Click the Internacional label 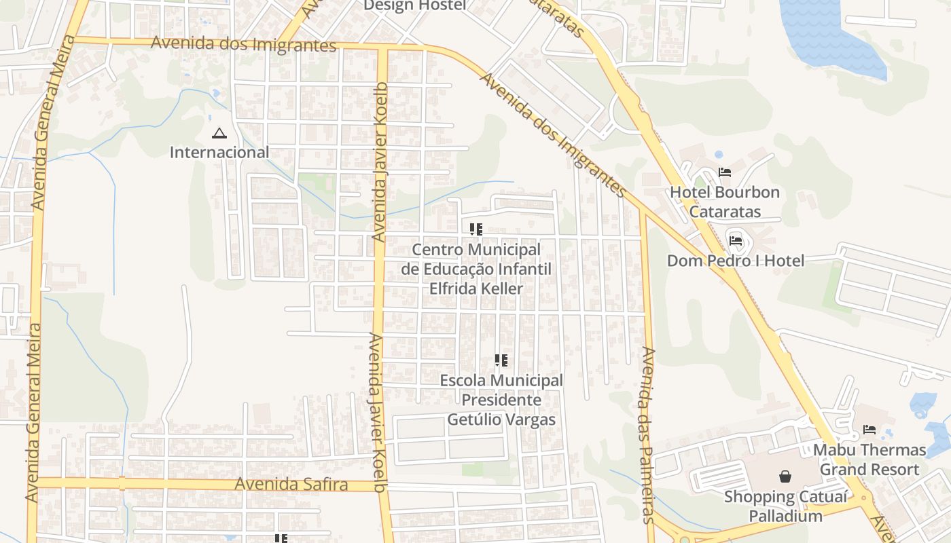click(x=219, y=152)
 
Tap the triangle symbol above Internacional click(x=219, y=133)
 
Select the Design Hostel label click(x=414, y=5)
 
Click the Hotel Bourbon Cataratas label click(x=725, y=202)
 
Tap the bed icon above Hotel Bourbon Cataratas click(x=725, y=172)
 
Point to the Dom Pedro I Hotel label click(x=735, y=261)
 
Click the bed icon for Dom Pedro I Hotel click(x=735, y=240)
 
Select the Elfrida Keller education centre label click(x=475, y=269)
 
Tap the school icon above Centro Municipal click(x=475, y=229)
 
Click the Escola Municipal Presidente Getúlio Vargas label click(x=501, y=400)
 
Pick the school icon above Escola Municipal click(x=501, y=360)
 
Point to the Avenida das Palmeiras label click(x=647, y=434)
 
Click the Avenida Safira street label click(x=291, y=485)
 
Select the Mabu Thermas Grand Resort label click(x=869, y=460)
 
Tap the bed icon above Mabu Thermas click(x=869, y=430)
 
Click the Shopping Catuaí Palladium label click(x=785, y=506)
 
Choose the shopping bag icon click(x=785, y=476)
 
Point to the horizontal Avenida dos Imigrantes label click(x=243, y=44)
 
